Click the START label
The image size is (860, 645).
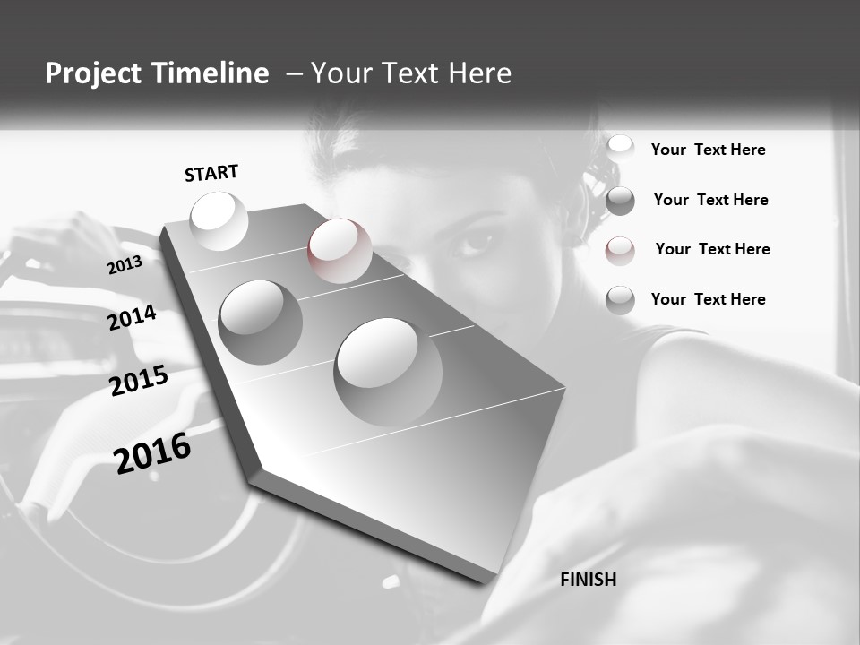pyautogui.click(x=211, y=173)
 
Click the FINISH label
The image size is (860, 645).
pyautogui.click(x=588, y=580)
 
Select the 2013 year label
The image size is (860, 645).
pyautogui.click(x=125, y=265)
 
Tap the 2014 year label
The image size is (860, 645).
pyautogui.click(x=132, y=318)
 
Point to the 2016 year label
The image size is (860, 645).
pyautogui.click(x=153, y=453)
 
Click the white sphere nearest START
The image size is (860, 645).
pyautogui.click(x=219, y=220)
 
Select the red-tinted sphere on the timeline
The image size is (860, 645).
pyautogui.click(x=340, y=251)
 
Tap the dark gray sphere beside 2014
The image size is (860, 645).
pyautogui.click(x=261, y=322)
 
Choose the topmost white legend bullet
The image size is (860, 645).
pyautogui.click(x=620, y=149)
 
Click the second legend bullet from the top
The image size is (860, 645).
pyautogui.click(x=620, y=201)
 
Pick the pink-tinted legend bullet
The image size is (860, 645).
pyautogui.click(x=620, y=251)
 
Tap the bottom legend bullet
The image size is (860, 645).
pyautogui.click(x=620, y=300)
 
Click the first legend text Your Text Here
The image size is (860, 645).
pyautogui.click(x=708, y=150)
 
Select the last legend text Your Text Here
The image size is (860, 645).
pyautogui.click(x=708, y=299)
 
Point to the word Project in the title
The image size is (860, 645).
pyautogui.click(x=90, y=73)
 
